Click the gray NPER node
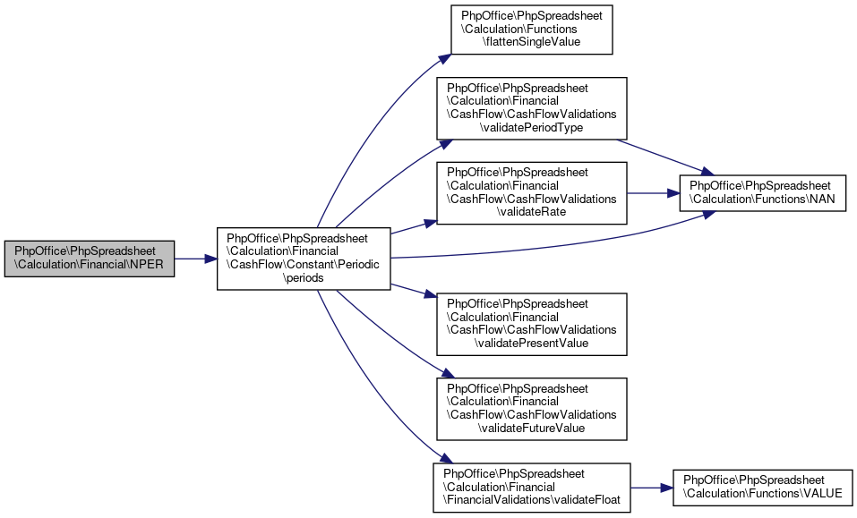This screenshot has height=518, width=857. [x=89, y=259]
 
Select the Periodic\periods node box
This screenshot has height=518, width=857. [x=304, y=259]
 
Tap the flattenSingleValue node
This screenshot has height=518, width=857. [x=531, y=30]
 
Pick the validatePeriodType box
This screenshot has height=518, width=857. [x=531, y=108]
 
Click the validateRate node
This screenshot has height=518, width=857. [x=531, y=192]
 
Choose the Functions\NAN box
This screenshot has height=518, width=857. [x=762, y=193]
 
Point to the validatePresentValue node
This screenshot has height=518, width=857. [x=531, y=324]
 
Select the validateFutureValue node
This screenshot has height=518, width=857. [x=531, y=409]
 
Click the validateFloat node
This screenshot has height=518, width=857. [x=531, y=488]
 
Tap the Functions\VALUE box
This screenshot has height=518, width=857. [x=762, y=488]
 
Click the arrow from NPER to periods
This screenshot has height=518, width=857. [x=195, y=259]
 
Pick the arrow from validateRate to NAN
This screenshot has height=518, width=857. [x=653, y=193]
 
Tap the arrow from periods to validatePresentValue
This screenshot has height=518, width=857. [x=414, y=291]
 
